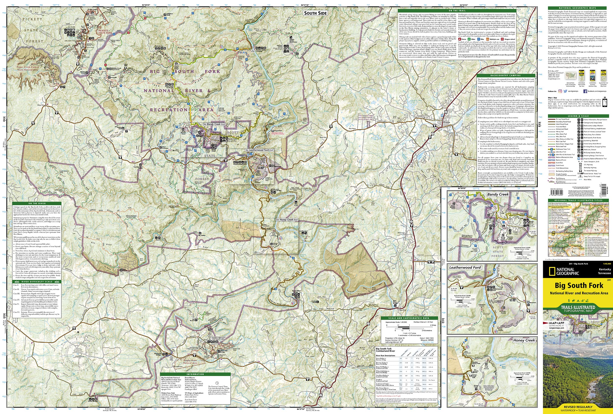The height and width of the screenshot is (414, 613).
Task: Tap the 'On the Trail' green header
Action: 457,11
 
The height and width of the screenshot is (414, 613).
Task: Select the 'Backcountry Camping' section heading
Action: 506,75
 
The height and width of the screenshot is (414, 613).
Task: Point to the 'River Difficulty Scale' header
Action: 37,282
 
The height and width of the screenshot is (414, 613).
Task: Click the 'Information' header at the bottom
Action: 195,374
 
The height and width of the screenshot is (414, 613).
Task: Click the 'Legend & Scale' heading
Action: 578,116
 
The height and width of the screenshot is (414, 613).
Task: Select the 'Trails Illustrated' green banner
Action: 578,309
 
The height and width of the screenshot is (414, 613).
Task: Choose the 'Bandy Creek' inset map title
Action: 498,194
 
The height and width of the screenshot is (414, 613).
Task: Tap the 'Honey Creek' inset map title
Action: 524,340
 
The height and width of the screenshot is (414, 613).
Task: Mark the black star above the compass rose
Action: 78,332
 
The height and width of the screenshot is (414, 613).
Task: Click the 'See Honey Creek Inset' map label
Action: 287,220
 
